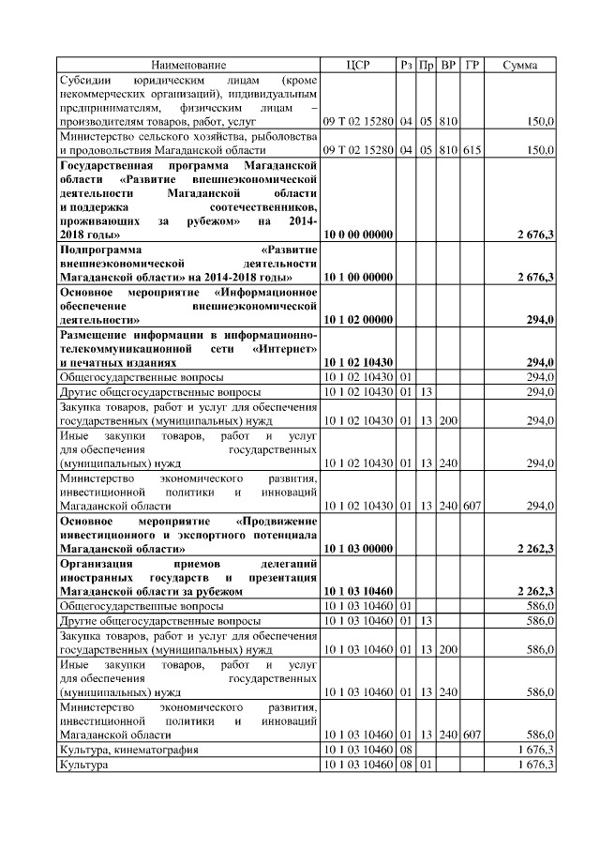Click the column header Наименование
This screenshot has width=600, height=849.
[187, 66]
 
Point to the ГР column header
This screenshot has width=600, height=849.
[472, 66]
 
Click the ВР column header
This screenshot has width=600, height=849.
[449, 66]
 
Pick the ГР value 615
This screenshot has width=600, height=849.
[472, 150]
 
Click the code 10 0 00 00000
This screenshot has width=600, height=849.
[357, 234]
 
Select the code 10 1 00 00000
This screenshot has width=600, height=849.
[357, 277]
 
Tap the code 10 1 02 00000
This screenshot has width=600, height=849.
[357, 320]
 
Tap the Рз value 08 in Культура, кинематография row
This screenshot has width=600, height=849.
[407, 750]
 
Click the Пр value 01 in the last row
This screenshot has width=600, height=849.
[427, 766]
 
